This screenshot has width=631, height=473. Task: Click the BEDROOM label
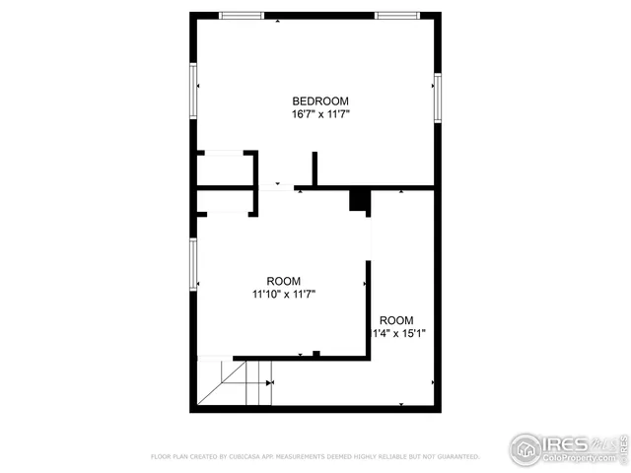[x=320, y=101]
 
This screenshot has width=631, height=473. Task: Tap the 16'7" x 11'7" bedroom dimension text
[x=320, y=114]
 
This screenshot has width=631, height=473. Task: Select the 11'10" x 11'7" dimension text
[x=284, y=293]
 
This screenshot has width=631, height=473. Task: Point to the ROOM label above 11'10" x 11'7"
[x=284, y=281]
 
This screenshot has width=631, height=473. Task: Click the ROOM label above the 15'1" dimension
[x=397, y=320]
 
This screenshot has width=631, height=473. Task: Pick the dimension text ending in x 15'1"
[x=398, y=333]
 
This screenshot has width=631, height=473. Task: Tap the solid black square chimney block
[x=360, y=199]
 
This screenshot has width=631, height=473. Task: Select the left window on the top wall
[x=241, y=15]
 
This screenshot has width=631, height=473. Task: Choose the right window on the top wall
[x=397, y=15]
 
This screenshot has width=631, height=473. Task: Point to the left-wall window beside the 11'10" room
[x=194, y=264]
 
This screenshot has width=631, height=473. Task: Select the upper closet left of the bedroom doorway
[x=226, y=169]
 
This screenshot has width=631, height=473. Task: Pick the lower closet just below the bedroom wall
[x=226, y=201]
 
